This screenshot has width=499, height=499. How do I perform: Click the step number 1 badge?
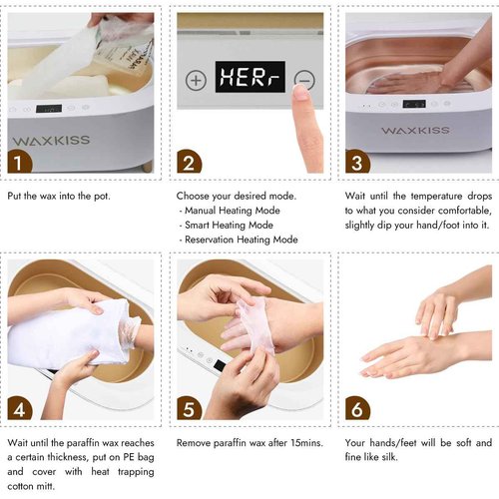[19, 161]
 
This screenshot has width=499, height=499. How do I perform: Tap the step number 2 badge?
[188, 161]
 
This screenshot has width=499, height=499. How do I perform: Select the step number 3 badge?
[356, 161]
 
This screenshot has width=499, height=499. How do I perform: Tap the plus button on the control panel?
[196, 80]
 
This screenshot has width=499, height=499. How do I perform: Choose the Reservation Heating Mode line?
[242, 240]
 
